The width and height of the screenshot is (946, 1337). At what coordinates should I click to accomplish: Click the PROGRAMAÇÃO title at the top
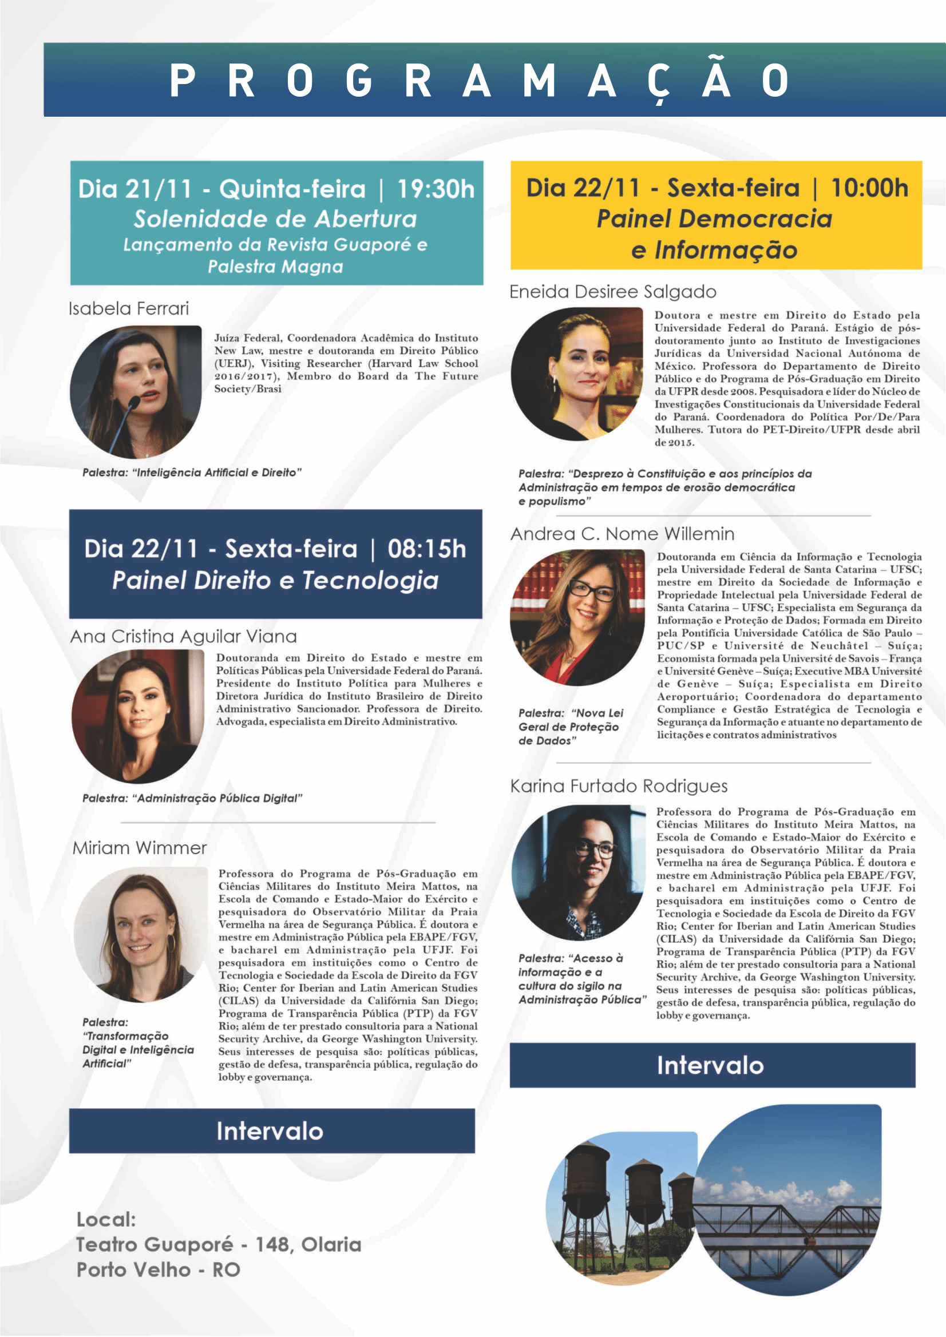coord(479,80)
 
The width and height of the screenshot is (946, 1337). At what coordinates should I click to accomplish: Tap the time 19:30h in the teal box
coord(436,189)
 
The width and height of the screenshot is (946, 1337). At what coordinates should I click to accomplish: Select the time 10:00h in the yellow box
coord(869,188)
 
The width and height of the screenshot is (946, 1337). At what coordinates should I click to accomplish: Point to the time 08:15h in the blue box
coord(426,549)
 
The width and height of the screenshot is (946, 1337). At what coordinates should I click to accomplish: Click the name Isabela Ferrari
coord(129,308)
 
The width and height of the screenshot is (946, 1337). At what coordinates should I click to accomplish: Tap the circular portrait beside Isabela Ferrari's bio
coord(136,391)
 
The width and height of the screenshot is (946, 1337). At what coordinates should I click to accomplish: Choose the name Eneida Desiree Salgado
coord(613,292)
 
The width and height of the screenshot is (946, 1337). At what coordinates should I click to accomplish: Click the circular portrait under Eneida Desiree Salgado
coord(577,374)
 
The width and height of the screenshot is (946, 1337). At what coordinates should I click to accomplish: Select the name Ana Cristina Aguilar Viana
coord(184,637)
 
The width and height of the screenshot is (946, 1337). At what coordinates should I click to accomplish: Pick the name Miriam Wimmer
coord(140,848)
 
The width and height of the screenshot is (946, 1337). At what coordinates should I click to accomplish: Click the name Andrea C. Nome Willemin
coord(622,534)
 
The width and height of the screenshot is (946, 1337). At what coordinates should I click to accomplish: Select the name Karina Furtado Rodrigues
coord(619,786)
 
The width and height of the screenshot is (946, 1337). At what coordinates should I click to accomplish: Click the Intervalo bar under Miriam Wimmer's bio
coord(271,1131)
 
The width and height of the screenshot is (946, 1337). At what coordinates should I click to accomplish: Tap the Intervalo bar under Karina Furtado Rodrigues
coord(712,1065)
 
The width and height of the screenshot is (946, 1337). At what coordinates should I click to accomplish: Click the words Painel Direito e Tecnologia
coord(275,581)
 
